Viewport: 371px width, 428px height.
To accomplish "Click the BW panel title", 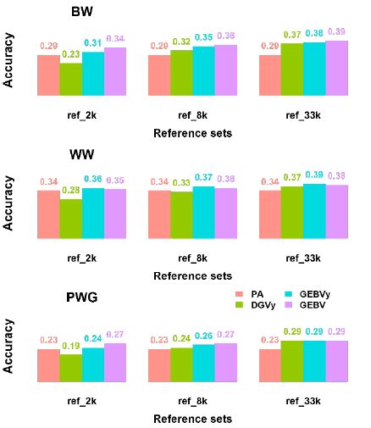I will point(81,15).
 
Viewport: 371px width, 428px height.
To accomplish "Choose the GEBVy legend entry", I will point(318,292).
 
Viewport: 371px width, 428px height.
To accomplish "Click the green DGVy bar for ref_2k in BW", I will point(70,79).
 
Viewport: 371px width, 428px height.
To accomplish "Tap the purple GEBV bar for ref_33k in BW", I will point(336,68).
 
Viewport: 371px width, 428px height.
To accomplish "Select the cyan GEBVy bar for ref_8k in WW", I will point(203,211).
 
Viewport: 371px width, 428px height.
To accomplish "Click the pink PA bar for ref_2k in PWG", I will point(48,364).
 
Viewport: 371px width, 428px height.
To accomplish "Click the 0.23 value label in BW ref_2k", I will point(70,54).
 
